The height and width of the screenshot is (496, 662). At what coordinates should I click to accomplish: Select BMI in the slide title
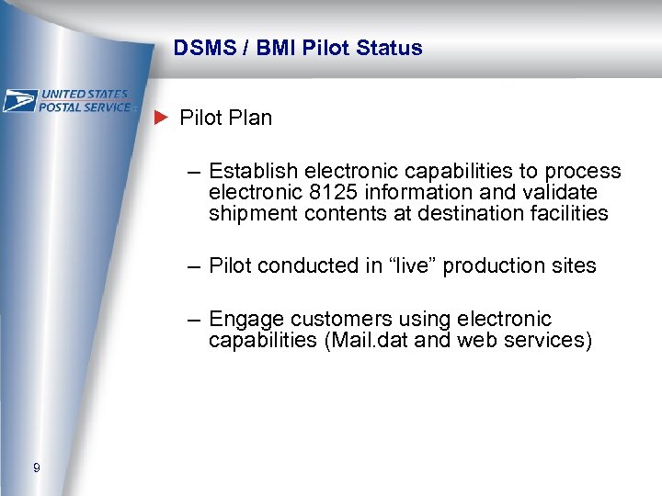tap(275, 49)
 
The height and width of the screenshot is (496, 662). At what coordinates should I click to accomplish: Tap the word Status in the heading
tap(391, 49)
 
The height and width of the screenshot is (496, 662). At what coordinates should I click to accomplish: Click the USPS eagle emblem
tap(19, 100)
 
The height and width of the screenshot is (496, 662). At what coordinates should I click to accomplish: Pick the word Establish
tap(253, 172)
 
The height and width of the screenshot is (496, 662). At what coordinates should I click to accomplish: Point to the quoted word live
tap(417, 266)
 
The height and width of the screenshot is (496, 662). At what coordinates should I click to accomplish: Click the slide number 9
tap(36, 468)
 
